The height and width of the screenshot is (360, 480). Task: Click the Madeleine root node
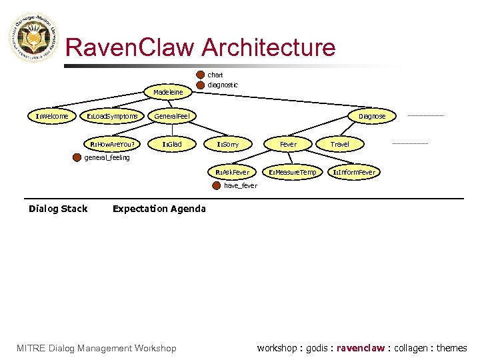click(168, 92)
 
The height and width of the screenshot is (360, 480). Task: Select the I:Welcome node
click(52, 116)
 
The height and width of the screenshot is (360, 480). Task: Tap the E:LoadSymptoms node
click(113, 116)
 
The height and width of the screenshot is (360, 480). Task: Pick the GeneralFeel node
click(172, 116)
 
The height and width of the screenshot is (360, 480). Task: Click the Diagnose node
click(371, 116)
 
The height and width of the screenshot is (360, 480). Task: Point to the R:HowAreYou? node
click(112, 144)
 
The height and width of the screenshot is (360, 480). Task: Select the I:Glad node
click(172, 144)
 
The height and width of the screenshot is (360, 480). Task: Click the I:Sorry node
click(227, 144)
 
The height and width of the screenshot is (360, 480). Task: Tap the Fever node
click(288, 144)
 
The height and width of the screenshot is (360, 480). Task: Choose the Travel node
click(339, 144)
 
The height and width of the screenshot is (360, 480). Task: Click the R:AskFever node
click(232, 172)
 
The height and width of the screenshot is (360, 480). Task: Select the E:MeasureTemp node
click(292, 172)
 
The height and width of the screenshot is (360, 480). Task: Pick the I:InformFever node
click(353, 172)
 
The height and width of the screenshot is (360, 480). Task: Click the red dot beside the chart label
click(201, 75)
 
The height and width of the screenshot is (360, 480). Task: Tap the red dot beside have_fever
click(215, 185)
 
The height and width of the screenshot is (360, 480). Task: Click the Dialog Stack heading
click(58, 209)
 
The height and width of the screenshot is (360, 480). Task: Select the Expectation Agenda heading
click(159, 209)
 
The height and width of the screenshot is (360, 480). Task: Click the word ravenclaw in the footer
click(361, 348)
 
